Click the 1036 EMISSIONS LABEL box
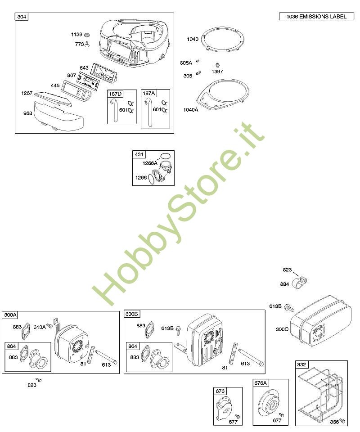click(x=316, y=17)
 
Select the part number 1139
click(x=76, y=35)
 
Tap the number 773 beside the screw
click(x=79, y=44)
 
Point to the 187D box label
click(x=115, y=94)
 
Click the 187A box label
click(x=149, y=94)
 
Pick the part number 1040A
click(x=191, y=110)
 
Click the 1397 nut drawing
click(x=217, y=65)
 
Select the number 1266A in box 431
click(x=150, y=163)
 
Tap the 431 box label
click(x=139, y=154)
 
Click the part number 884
click(x=284, y=284)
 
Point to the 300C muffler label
click(x=282, y=329)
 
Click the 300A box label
click(x=10, y=315)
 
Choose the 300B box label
click(x=132, y=314)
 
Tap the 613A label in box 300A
click(x=40, y=327)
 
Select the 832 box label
click(x=301, y=364)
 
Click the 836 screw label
click(x=334, y=422)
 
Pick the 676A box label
click(x=261, y=383)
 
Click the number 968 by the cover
click(x=27, y=113)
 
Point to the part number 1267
click(x=27, y=93)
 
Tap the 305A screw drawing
click(x=197, y=61)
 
